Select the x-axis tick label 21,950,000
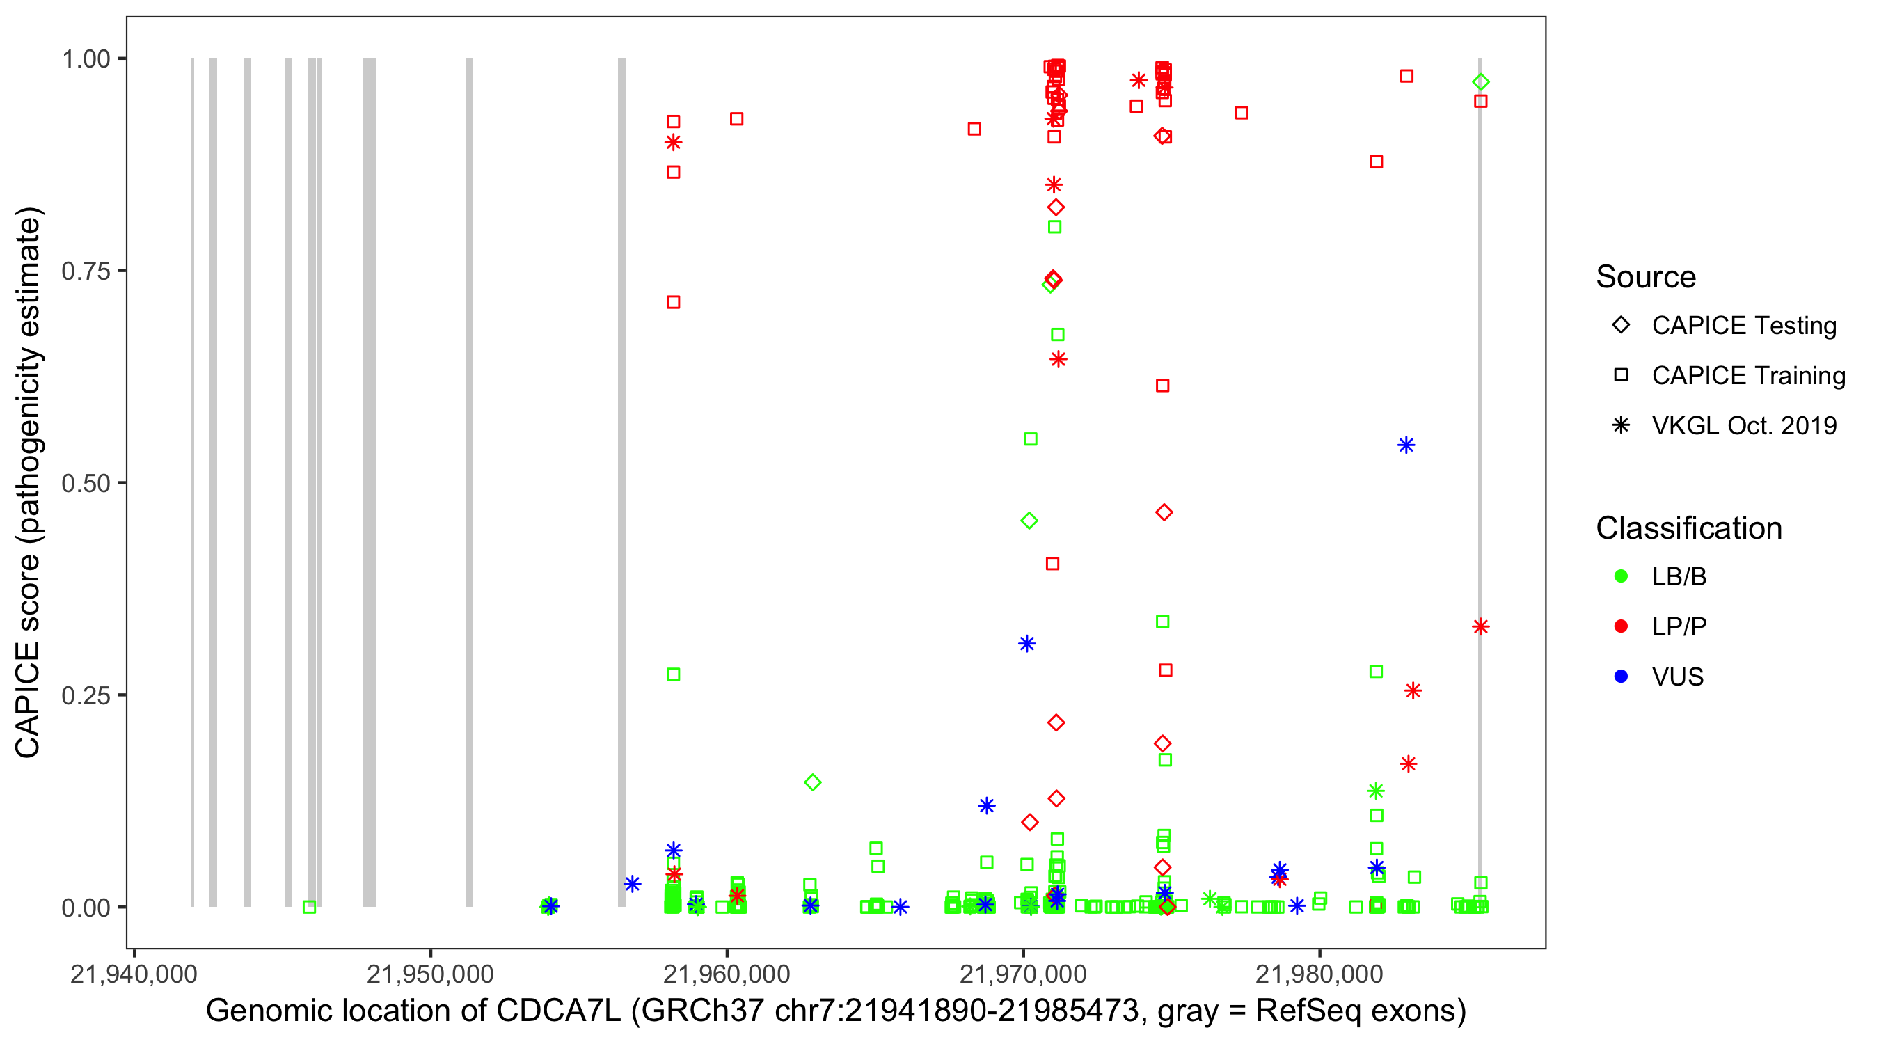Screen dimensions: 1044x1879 point(430,974)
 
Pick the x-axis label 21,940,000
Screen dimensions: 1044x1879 point(134,974)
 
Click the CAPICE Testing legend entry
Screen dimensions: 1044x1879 point(1743,326)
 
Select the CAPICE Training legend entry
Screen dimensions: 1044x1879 point(1747,376)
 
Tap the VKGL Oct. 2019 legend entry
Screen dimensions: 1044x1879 point(1743,425)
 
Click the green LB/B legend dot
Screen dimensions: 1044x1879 point(1621,576)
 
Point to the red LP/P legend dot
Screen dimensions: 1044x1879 point(1621,626)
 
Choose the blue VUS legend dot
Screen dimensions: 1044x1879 point(1621,677)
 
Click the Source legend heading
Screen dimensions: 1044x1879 point(1646,277)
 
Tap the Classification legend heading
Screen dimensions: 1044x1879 point(1688,528)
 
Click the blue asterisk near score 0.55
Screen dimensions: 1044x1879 point(1406,445)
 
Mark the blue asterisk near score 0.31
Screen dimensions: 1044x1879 point(1027,644)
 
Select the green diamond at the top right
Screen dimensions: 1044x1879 point(1481,82)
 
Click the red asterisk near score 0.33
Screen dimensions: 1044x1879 point(1481,626)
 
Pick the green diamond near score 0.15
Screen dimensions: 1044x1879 point(813,782)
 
